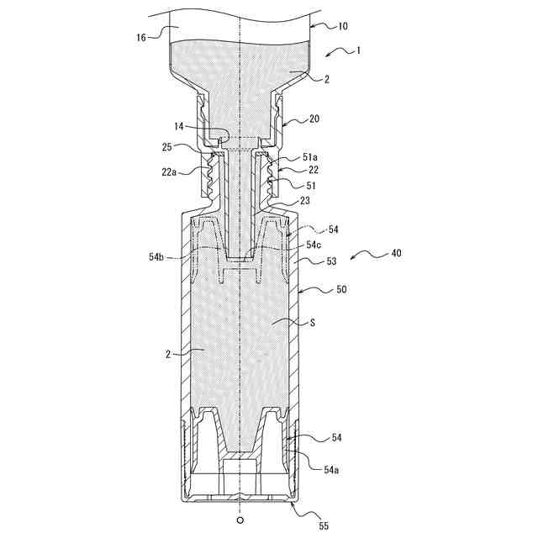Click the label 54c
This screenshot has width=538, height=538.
(x=314, y=244)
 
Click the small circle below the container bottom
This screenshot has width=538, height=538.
(x=240, y=521)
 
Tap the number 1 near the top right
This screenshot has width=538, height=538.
(x=359, y=50)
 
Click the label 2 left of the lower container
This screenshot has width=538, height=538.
(x=168, y=354)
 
